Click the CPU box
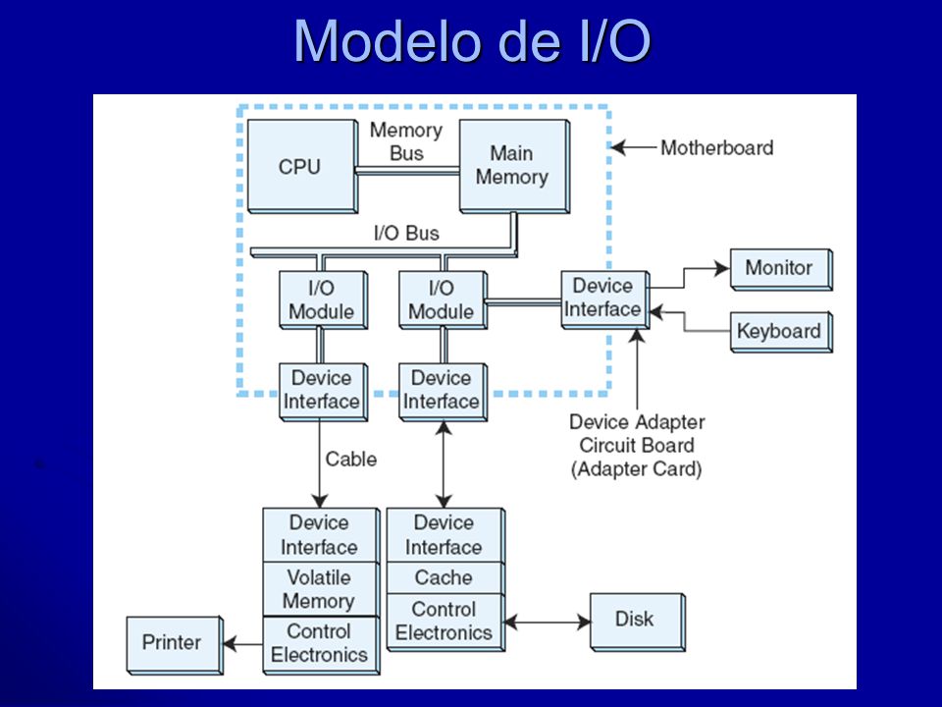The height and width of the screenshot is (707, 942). click(x=303, y=166)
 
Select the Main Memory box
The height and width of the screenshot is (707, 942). click(x=514, y=166)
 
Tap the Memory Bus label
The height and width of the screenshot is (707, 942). click(x=406, y=141)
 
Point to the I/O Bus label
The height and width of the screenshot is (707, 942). click(x=406, y=233)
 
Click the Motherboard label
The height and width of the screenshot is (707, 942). click(x=716, y=148)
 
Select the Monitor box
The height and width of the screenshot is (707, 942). click(x=781, y=269)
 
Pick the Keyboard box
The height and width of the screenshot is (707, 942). click(x=781, y=331)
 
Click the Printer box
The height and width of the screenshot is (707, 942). click(x=175, y=644)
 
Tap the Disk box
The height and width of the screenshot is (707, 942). click(x=638, y=622)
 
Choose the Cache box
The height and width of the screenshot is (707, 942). click(x=445, y=577)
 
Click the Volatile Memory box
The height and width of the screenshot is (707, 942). click(x=320, y=589)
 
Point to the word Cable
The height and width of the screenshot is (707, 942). click(x=351, y=460)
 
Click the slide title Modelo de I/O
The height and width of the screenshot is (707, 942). click(x=472, y=41)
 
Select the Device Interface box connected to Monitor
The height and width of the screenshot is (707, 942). click(x=605, y=299)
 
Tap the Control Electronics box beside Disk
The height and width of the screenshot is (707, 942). click(x=445, y=622)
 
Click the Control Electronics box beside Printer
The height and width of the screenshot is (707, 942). click(x=320, y=644)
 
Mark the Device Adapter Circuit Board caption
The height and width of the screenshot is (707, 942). click(x=637, y=445)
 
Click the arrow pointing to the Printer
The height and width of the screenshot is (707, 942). click(x=242, y=644)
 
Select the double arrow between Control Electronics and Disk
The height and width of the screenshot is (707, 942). click(x=548, y=622)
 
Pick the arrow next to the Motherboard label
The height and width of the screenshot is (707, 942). click(x=633, y=147)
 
